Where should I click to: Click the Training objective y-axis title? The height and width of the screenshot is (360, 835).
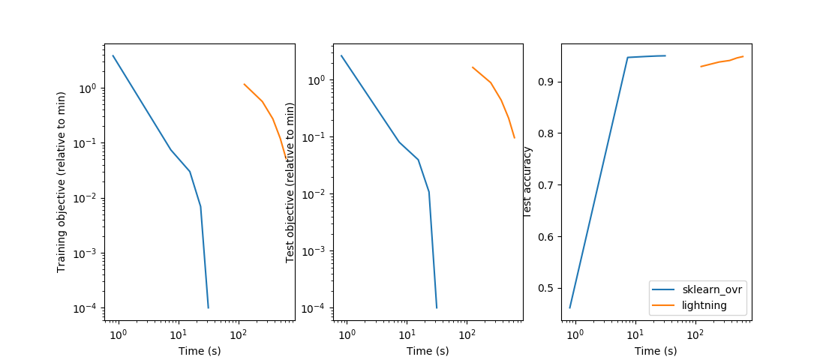pos(62,182)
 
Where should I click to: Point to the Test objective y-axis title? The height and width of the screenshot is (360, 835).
pos(290,182)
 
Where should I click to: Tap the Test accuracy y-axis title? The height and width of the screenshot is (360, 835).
pos(527,182)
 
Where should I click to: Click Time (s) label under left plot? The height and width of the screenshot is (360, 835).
pos(199,350)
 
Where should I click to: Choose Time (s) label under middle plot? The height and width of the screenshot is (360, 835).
pos(428,350)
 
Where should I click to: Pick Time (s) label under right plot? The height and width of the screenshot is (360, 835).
pos(656,350)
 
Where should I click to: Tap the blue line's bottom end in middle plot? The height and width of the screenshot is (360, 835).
pos(437,307)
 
